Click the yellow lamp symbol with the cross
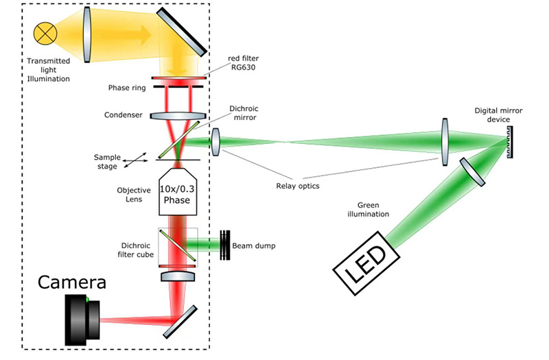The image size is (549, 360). (x=47, y=32)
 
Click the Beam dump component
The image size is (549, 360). (x=225, y=244)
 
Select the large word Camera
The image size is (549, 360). (x=71, y=282)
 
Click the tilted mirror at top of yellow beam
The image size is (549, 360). (x=180, y=32)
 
